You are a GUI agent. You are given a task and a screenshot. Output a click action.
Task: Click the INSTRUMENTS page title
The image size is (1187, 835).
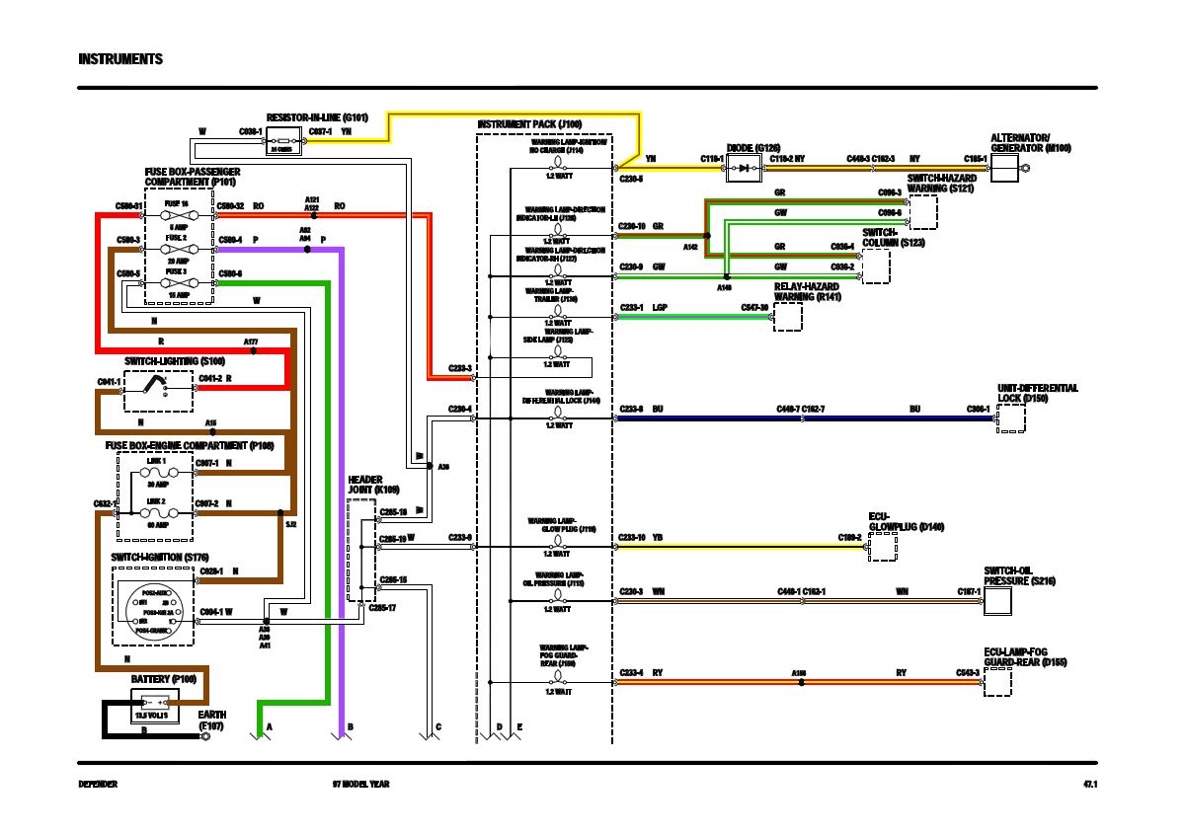pos(120,59)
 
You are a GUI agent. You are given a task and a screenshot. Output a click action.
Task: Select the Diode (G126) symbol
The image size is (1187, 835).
pos(742,169)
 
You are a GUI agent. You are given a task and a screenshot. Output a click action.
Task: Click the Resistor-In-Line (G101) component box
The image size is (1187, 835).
pos(283,143)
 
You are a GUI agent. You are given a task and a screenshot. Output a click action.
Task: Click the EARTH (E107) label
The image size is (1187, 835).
pos(212,720)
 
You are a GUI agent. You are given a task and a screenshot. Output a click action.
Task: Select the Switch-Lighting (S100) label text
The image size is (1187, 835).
pos(175,361)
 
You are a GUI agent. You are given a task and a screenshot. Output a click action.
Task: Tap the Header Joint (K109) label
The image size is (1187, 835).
pos(373,485)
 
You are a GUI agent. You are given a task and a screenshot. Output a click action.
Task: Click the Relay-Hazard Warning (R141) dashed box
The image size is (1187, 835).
pos(788,317)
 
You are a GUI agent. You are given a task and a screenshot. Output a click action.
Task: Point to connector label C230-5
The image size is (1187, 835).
pos(631,179)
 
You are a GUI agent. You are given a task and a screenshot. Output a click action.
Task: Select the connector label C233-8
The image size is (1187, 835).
pos(631,409)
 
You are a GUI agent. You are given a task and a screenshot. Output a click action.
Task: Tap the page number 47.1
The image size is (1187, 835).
pos(1090,785)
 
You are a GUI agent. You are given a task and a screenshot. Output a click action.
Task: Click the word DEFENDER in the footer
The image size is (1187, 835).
pos(98,785)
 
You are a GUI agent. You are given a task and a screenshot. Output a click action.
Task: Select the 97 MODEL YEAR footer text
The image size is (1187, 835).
pos(360,785)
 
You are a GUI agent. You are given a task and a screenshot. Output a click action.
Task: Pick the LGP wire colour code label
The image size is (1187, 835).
pos(660,308)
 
